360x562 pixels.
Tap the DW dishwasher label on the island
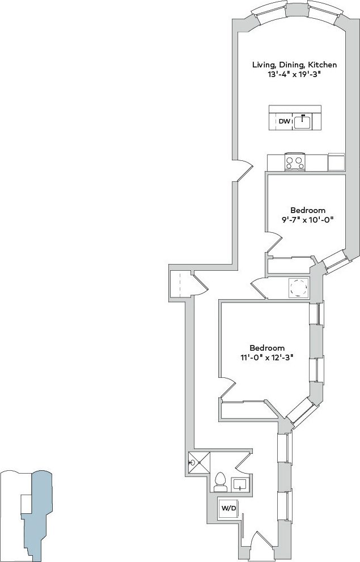coord(283,122)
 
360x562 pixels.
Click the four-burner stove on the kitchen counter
coord(295,163)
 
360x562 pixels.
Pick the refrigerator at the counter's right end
coord(336,162)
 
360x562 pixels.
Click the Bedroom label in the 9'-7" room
coord(308,210)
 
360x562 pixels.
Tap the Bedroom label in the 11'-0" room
coord(267,348)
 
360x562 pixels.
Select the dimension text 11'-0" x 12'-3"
coord(267,357)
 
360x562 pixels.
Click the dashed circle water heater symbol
coord(298,288)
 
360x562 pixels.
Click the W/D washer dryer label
coord(228,508)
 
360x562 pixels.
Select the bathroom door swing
coord(244,462)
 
